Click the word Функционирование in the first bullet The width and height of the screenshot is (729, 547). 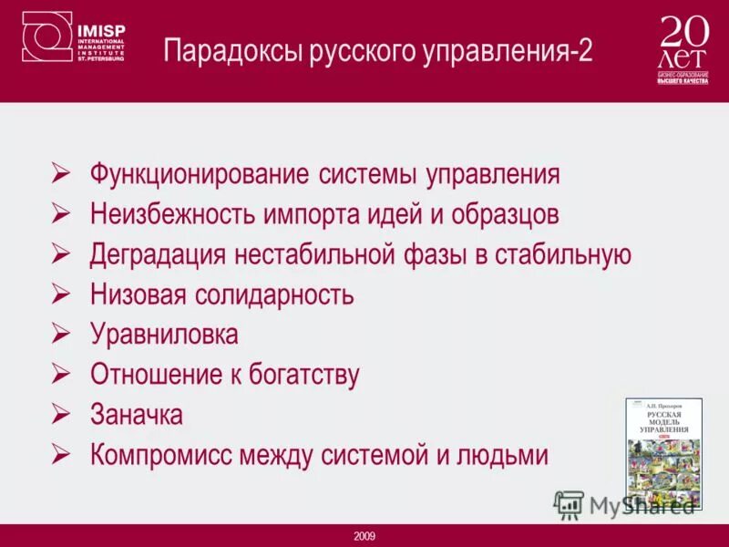point(201,174)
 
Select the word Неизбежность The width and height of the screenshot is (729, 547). point(174,214)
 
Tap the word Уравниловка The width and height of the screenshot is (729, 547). point(164,335)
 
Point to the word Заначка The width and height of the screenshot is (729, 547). point(137,415)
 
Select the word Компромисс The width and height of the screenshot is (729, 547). point(160,455)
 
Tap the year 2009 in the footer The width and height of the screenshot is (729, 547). point(364,536)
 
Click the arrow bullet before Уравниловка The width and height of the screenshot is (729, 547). point(62,334)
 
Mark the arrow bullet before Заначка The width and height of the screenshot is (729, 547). point(62,414)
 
